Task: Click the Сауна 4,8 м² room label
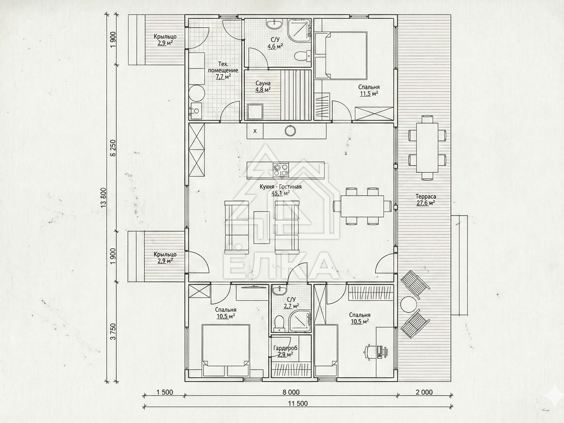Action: click(x=263, y=86)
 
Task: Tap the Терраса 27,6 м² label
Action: click(x=426, y=200)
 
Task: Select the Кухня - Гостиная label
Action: click(x=280, y=187)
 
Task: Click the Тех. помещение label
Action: click(x=223, y=67)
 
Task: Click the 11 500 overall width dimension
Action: click(x=298, y=403)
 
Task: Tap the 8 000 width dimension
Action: click(x=291, y=392)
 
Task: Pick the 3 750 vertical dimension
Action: click(x=113, y=331)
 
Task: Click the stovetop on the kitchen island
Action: click(x=281, y=170)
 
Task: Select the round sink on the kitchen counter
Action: click(x=290, y=131)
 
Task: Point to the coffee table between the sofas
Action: click(x=262, y=227)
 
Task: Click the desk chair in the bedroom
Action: click(x=370, y=352)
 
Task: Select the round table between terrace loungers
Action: click(x=409, y=305)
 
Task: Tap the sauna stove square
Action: click(x=255, y=111)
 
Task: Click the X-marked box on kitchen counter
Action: click(x=255, y=131)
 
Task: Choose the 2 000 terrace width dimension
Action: click(x=424, y=392)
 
